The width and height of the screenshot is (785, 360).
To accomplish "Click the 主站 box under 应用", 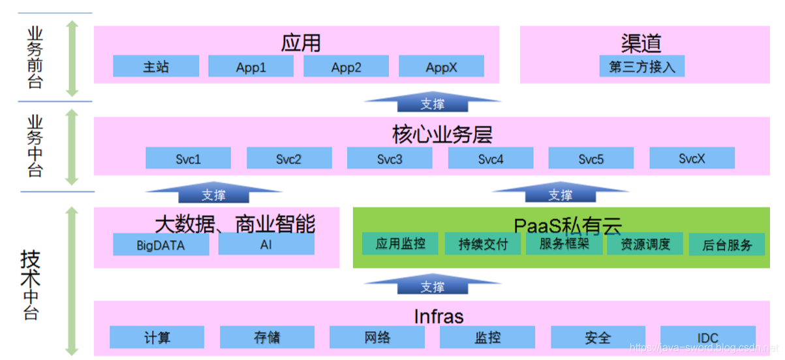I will pyautogui.click(x=156, y=67).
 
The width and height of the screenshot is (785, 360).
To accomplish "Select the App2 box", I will pyautogui.click(x=346, y=67).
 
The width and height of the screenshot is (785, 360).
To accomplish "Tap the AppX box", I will pyautogui.click(x=441, y=67).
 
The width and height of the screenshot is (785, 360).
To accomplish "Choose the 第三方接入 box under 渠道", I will pyautogui.click(x=642, y=67).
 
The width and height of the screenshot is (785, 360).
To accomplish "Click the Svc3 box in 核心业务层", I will pyautogui.click(x=390, y=158).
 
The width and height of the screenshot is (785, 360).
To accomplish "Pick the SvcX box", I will pyautogui.click(x=692, y=158).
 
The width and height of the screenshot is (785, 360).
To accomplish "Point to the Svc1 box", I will pyautogui.click(x=188, y=158).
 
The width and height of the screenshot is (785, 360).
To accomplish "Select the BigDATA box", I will pyautogui.click(x=161, y=245).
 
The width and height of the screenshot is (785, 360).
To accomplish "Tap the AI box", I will pyautogui.click(x=266, y=245).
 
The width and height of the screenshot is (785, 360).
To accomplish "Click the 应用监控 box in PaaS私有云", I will pyautogui.click(x=401, y=243).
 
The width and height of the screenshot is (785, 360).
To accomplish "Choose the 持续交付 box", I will pyautogui.click(x=482, y=244).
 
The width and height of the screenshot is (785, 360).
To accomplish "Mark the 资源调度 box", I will pyautogui.click(x=645, y=244).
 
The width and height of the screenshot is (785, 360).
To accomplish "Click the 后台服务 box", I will pyautogui.click(x=728, y=245).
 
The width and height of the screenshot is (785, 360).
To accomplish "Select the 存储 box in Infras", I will pyautogui.click(x=267, y=337).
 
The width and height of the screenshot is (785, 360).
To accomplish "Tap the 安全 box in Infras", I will pyautogui.click(x=598, y=337).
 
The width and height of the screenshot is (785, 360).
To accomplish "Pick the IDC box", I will pyautogui.click(x=708, y=337).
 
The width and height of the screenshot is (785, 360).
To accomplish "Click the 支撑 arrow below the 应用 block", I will pyautogui.click(x=433, y=102).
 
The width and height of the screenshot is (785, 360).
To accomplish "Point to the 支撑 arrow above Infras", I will pyautogui.click(x=433, y=286).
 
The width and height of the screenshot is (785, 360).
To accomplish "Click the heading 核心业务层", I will pyautogui.click(x=442, y=134).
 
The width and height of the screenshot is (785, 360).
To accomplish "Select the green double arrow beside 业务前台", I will pyautogui.click(x=72, y=58).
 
